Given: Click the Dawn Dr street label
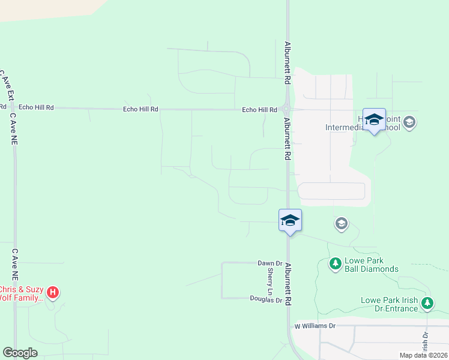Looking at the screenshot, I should [270, 263].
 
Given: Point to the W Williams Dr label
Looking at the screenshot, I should [315, 326].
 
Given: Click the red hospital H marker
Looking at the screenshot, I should [53, 292].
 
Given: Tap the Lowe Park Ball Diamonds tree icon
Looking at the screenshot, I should [335, 263].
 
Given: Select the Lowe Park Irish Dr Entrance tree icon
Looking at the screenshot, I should [427, 303].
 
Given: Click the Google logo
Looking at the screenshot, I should [20, 353].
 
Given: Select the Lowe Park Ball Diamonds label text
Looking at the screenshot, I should [371, 265].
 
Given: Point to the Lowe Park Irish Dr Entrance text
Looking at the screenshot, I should [389, 304].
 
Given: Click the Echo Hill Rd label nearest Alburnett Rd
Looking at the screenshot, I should [259, 110].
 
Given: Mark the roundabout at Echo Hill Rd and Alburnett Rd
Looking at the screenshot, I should [287, 110].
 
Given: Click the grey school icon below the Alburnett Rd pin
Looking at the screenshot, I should [341, 224].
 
